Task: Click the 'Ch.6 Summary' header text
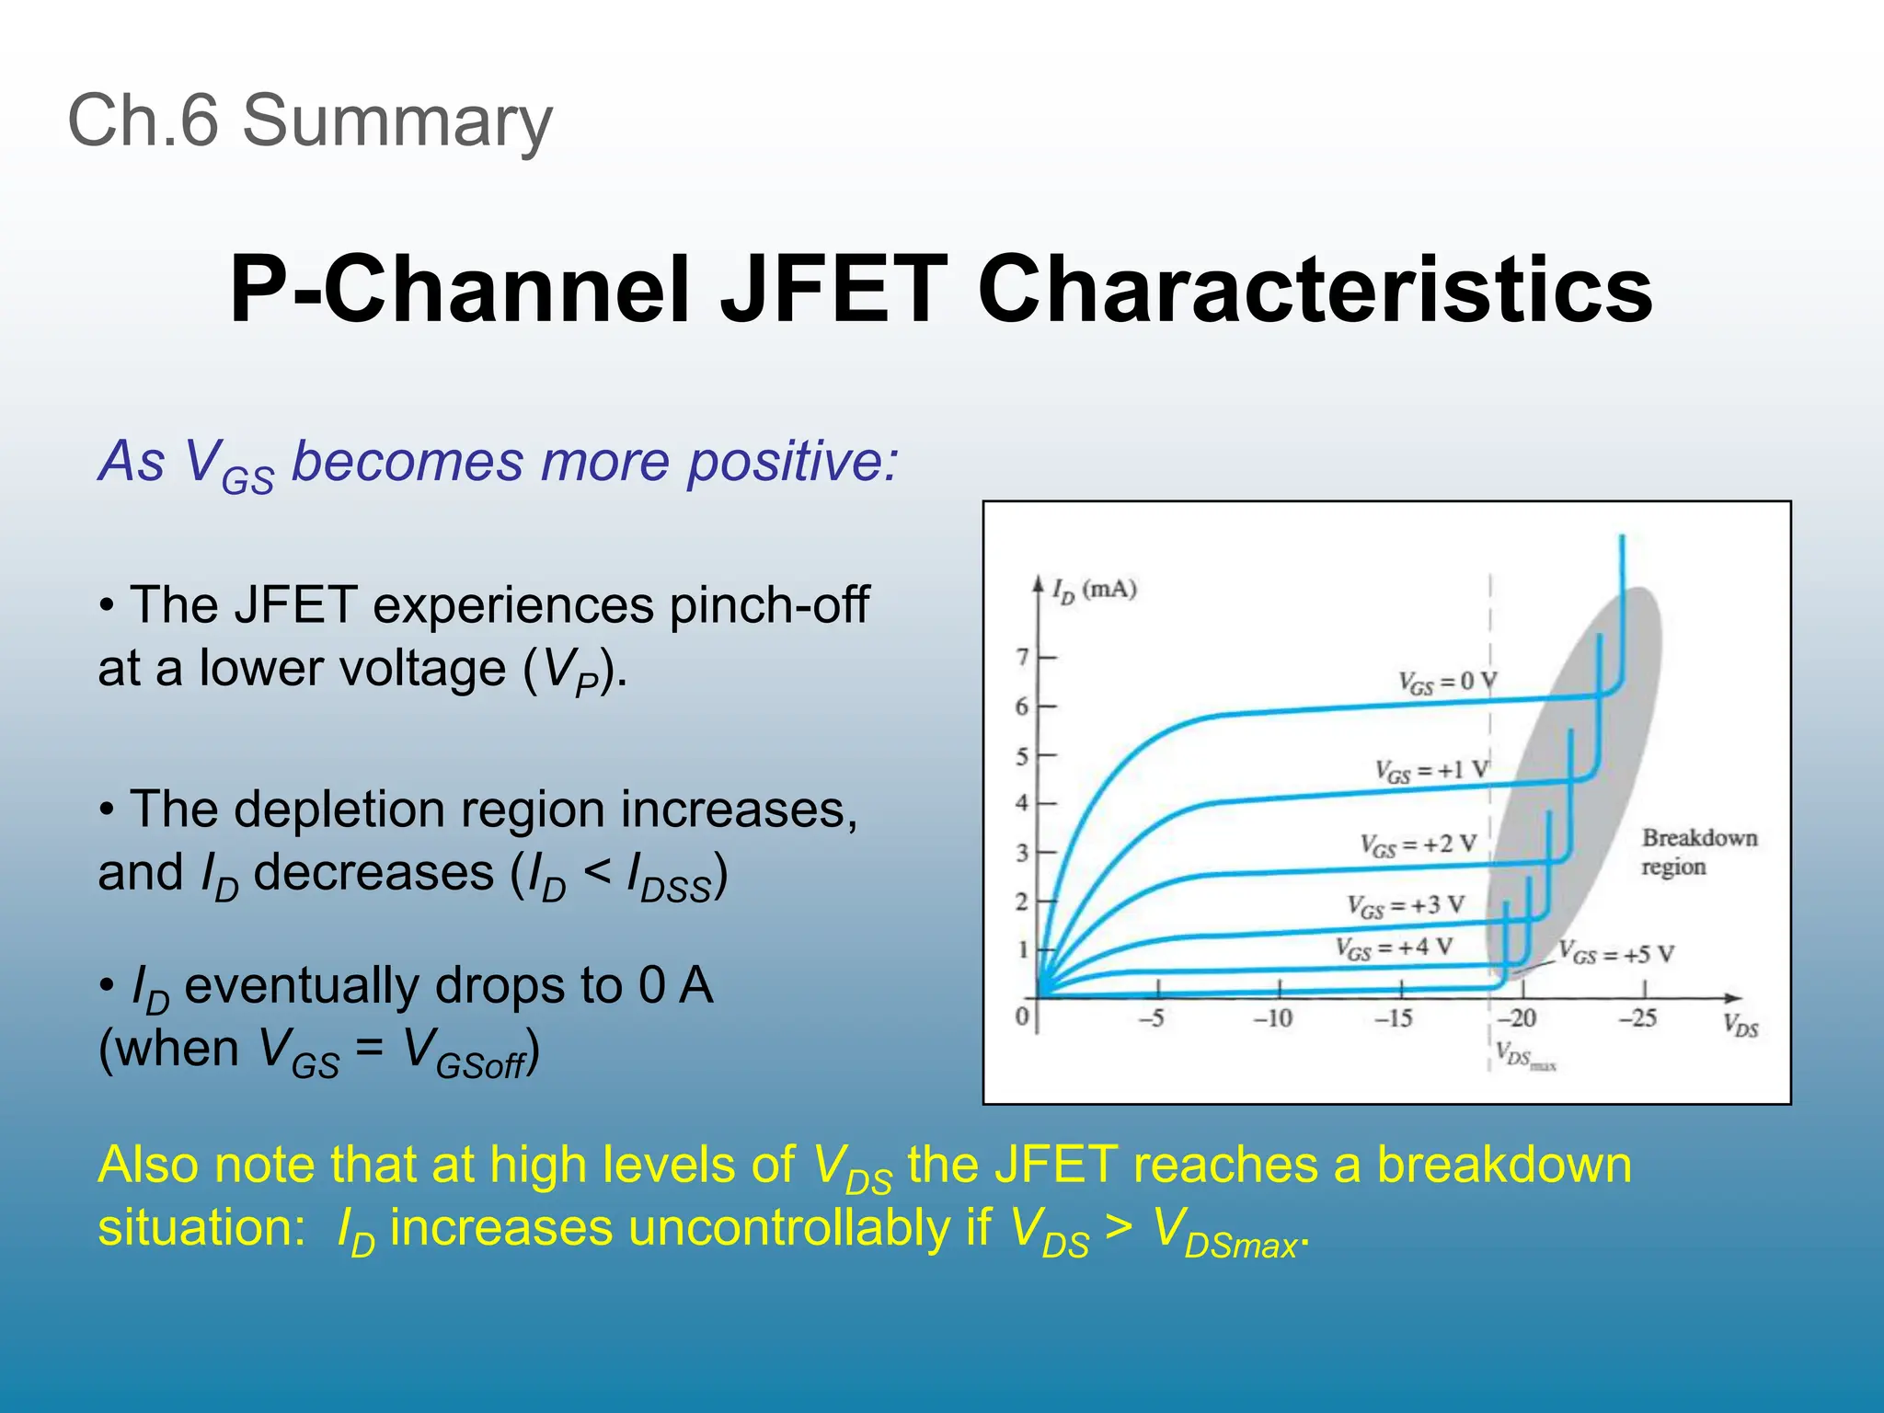coord(310,121)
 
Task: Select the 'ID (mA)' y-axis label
coord(1095,590)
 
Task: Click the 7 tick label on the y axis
coord(1022,657)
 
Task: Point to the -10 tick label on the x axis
coord(1273,1018)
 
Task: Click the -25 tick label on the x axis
coord(1637,1018)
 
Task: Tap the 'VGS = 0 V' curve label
coord(1447,682)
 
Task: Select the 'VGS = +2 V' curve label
coord(1418,844)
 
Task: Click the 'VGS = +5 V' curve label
coord(1616,953)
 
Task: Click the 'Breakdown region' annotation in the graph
coord(1698,852)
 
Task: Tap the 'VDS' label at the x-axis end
coord(1740,1025)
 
